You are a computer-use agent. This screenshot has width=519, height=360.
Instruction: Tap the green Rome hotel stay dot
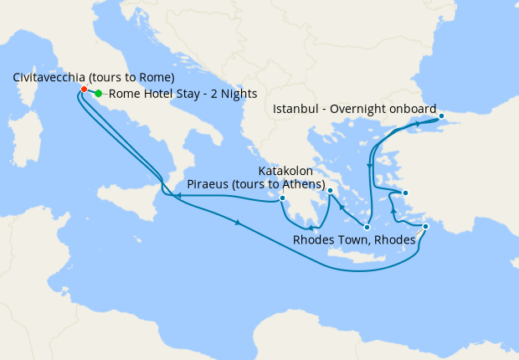pyautogui.click(x=99, y=94)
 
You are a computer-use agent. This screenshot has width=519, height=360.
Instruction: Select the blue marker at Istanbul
pyautogui.click(x=441, y=116)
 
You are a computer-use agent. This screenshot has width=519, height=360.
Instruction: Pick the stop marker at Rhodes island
pyautogui.click(x=426, y=227)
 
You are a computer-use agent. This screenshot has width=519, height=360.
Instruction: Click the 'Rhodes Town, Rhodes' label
pyautogui.click(x=354, y=240)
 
